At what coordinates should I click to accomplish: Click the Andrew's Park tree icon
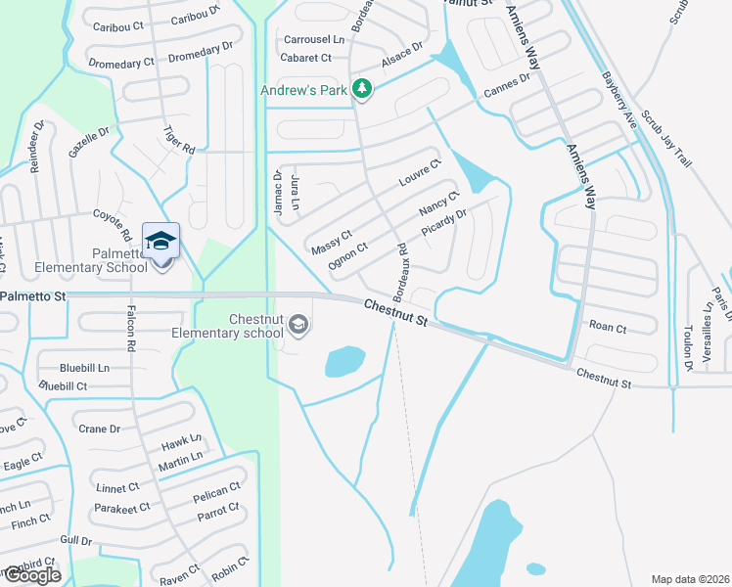coord(363,90)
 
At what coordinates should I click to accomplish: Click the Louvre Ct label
coord(421,173)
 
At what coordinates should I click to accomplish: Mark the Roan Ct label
coord(607,328)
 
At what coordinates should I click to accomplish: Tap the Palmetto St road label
coord(33,294)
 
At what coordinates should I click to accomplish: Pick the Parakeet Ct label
coord(122,508)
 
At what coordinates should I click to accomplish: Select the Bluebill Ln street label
coord(84,368)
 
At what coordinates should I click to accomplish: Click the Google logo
coord(31,575)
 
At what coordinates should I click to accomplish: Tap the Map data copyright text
coord(689,579)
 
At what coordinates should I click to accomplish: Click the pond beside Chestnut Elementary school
coord(344,362)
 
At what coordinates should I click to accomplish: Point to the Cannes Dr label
coord(506,86)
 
